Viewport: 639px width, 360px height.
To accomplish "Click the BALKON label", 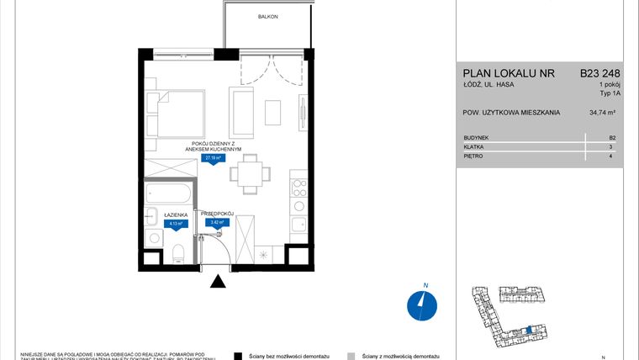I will coord(268,16).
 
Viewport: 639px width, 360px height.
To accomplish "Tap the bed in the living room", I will coord(174,114).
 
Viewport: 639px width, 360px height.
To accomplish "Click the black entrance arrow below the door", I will coord(219,282).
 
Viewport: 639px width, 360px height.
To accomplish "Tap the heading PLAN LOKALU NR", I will coord(504,73).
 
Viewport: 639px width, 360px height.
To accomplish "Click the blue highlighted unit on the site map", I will coord(527,331).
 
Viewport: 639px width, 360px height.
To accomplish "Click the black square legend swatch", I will coord(239,356).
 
